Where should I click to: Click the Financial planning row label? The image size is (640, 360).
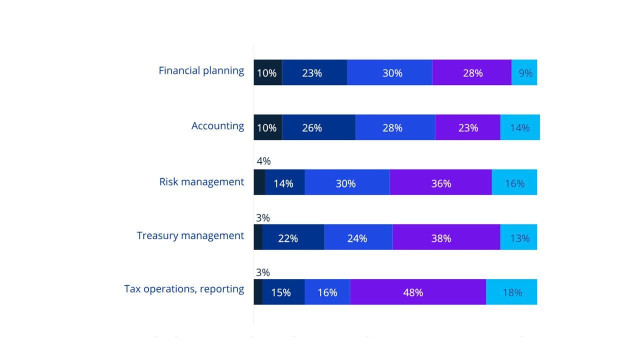[201, 70]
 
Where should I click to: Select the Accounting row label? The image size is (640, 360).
[217, 126]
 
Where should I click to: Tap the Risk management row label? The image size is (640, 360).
[201, 181]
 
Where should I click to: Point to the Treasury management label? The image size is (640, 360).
[190, 235]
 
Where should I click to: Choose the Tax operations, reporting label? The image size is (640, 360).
[184, 289]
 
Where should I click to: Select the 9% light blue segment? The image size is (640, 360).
[524, 73]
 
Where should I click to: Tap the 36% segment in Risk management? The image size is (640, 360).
[440, 182]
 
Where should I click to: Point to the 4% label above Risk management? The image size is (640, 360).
[263, 161]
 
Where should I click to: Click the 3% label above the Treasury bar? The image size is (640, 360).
[262, 218]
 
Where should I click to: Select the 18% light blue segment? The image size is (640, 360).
[511, 292]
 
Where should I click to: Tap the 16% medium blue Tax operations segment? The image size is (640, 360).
[327, 292]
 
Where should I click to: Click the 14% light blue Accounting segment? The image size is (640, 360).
[520, 127]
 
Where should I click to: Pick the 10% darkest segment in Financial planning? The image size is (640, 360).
[267, 73]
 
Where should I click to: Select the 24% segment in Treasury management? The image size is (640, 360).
[358, 237]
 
